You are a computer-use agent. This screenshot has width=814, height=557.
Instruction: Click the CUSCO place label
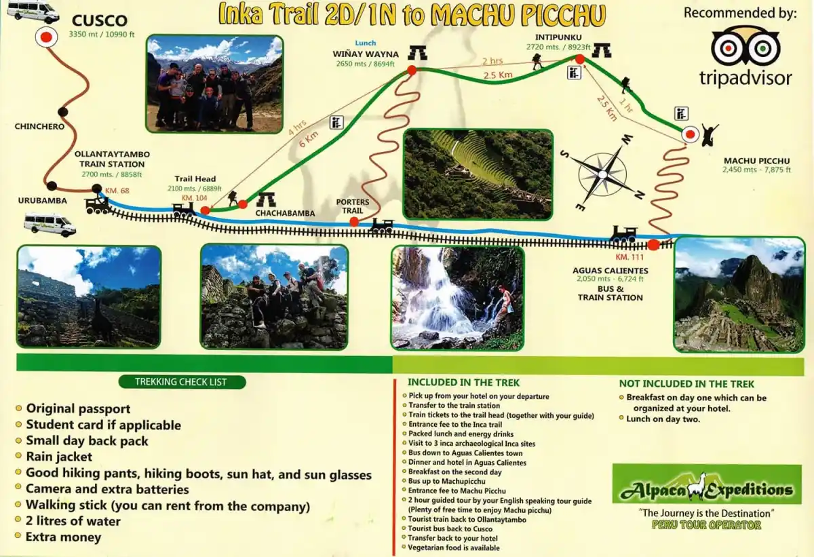coord(100,20)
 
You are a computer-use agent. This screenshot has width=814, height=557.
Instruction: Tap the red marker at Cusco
coord(46,38)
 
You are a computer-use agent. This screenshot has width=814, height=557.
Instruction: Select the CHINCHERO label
coord(39,126)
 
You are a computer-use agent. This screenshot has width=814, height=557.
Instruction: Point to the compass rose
coord(602,173)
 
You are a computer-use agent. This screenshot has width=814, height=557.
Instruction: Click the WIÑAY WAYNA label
coord(365,54)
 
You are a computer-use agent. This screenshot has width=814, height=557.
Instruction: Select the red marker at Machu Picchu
coord(690,134)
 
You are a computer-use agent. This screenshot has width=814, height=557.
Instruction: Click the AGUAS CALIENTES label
coord(610,270)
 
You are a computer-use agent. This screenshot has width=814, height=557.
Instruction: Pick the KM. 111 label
coord(629,257)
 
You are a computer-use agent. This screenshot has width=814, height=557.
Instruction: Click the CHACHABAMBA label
coord(285,213)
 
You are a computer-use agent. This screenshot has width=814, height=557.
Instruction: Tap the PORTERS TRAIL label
coord(353,206)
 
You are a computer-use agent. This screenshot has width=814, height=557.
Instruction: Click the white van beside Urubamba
coord(50,224)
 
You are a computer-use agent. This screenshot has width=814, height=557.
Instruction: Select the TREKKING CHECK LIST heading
coord(180,382)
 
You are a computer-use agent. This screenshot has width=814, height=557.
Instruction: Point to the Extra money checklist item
coord(63,537)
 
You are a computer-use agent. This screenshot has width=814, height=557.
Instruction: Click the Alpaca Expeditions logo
coord(706,484)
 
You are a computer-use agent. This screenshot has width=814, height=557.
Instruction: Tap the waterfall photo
coord(457,297)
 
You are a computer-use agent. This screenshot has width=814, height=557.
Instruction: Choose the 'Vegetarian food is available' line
coord(453,548)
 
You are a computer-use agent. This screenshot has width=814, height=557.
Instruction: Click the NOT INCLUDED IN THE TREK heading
coord(686,384)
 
